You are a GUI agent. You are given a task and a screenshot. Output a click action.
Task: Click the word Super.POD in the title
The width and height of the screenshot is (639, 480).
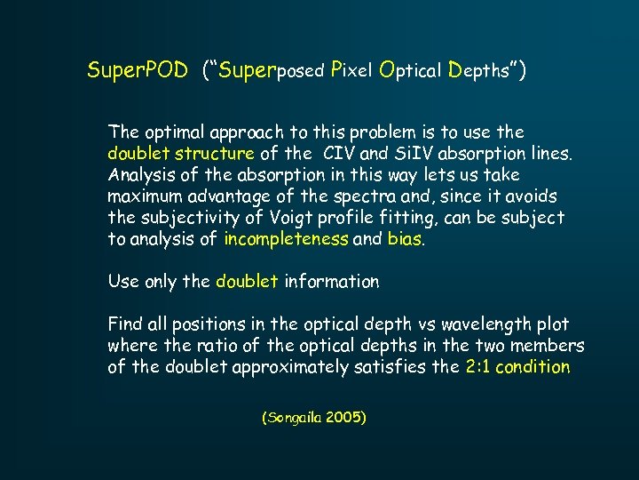(138, 70)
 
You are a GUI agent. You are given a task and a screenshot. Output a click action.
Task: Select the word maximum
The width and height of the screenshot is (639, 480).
(144, 196)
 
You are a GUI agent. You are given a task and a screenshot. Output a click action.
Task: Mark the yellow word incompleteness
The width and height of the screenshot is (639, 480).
(287, 239)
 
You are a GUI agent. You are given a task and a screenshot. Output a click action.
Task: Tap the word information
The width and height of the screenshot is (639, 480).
(331, 282)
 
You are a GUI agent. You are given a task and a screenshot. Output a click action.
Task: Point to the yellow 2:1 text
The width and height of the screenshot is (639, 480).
(477, 367)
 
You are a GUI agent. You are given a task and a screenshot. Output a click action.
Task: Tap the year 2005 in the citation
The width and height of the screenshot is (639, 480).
(346, 416)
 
